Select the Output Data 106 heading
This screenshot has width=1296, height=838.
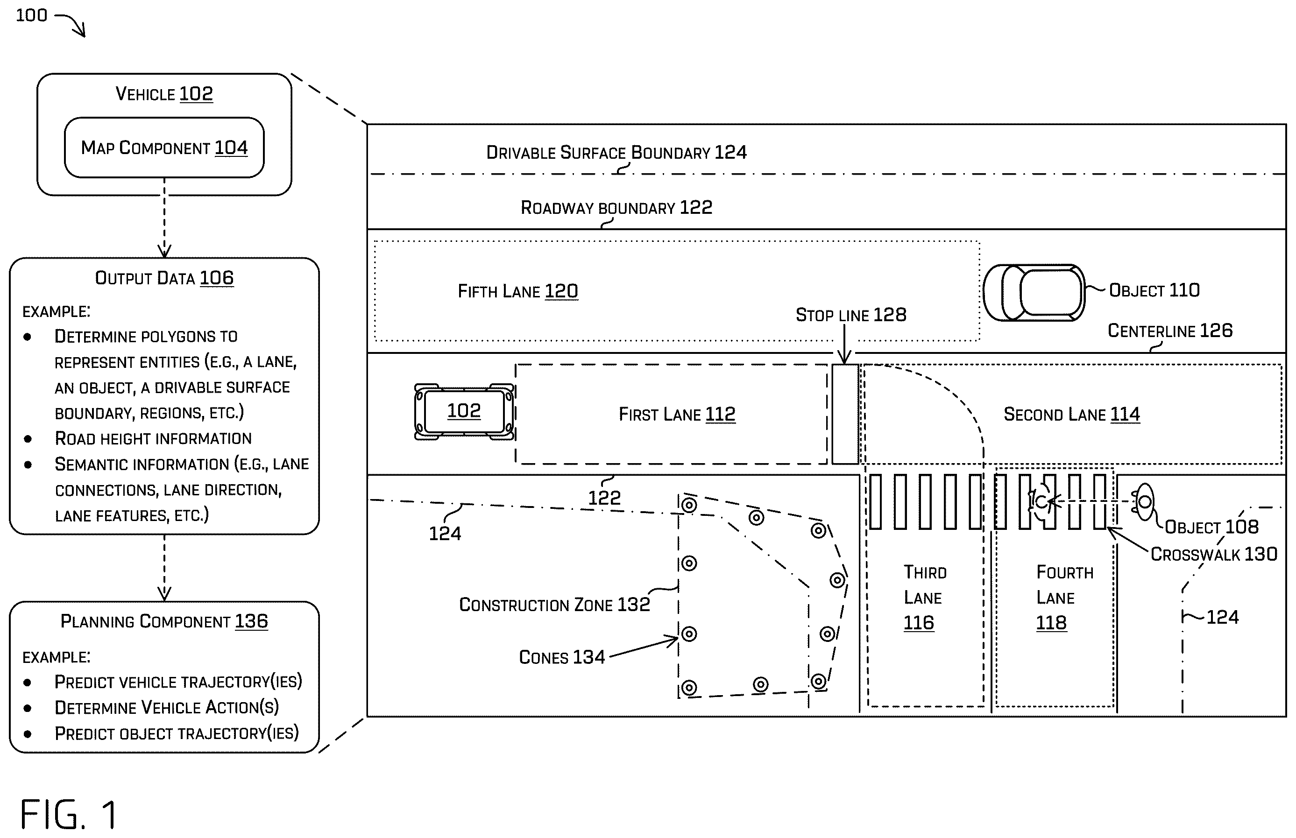(x=164, y=278)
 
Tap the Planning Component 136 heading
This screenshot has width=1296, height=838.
(x=164, y=621)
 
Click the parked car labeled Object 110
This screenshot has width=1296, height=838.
(x=1034, y=293)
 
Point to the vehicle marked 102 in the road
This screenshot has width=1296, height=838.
(x=464, y=411)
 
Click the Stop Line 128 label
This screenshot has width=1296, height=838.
(x=851, y=315)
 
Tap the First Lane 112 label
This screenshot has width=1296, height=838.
(x=677, y=415)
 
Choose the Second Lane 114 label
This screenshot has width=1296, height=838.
(x=1071, y=415)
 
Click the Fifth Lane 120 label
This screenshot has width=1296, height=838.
(x=517, y=292)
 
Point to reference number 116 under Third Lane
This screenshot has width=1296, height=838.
(x=919, y=622)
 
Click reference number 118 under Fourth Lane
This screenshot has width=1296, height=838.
(x=1051, y=622)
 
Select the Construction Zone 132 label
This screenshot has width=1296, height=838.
(x=554, y=605)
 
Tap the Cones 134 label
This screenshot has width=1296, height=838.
(x=562, y=657)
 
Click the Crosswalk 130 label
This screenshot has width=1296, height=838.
(x=1214, y=555)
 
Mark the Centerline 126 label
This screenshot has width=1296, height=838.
(x=1170, y=331)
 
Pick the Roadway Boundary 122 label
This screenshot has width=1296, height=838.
(x=616, y=208)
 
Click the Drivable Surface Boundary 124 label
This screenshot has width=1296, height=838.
(x=616, y=152)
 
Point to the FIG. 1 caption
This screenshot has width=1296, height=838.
(x=69, y=815)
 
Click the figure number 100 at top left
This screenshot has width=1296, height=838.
(x=32, y=15)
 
